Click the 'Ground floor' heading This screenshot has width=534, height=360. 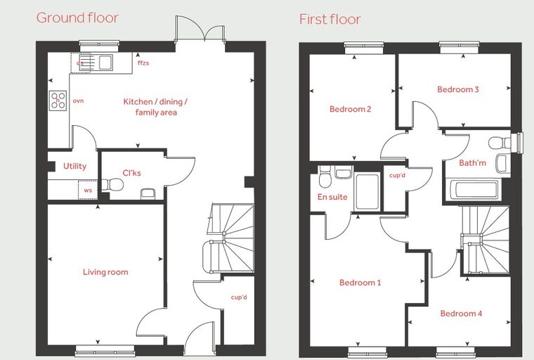click(77, 18)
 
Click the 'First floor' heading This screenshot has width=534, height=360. click(330, 19)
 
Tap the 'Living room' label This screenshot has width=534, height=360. click(105, 272)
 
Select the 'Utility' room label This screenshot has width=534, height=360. click(75, 166)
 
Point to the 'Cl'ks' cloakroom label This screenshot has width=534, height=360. click(131, 173)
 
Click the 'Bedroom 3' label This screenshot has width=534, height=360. click(458, 89)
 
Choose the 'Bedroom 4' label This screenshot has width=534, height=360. click(461, 314)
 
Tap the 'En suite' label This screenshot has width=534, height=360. click(332, 197)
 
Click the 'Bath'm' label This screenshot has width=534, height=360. click(472, 163)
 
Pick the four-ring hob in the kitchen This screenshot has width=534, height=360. click(58, 101)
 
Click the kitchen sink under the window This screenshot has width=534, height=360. click(101, 63)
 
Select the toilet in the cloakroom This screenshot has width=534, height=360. click(112, 185)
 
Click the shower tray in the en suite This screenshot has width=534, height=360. click(367, 191)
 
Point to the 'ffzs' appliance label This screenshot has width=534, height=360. click(143, 63)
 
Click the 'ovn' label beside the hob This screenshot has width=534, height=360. click(78, 101)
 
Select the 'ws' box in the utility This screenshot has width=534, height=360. click(88, 190)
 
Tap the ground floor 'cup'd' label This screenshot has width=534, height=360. click(239, 297)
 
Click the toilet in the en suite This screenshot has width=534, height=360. click(325, 176)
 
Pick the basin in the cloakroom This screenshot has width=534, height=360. click(148, 193)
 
